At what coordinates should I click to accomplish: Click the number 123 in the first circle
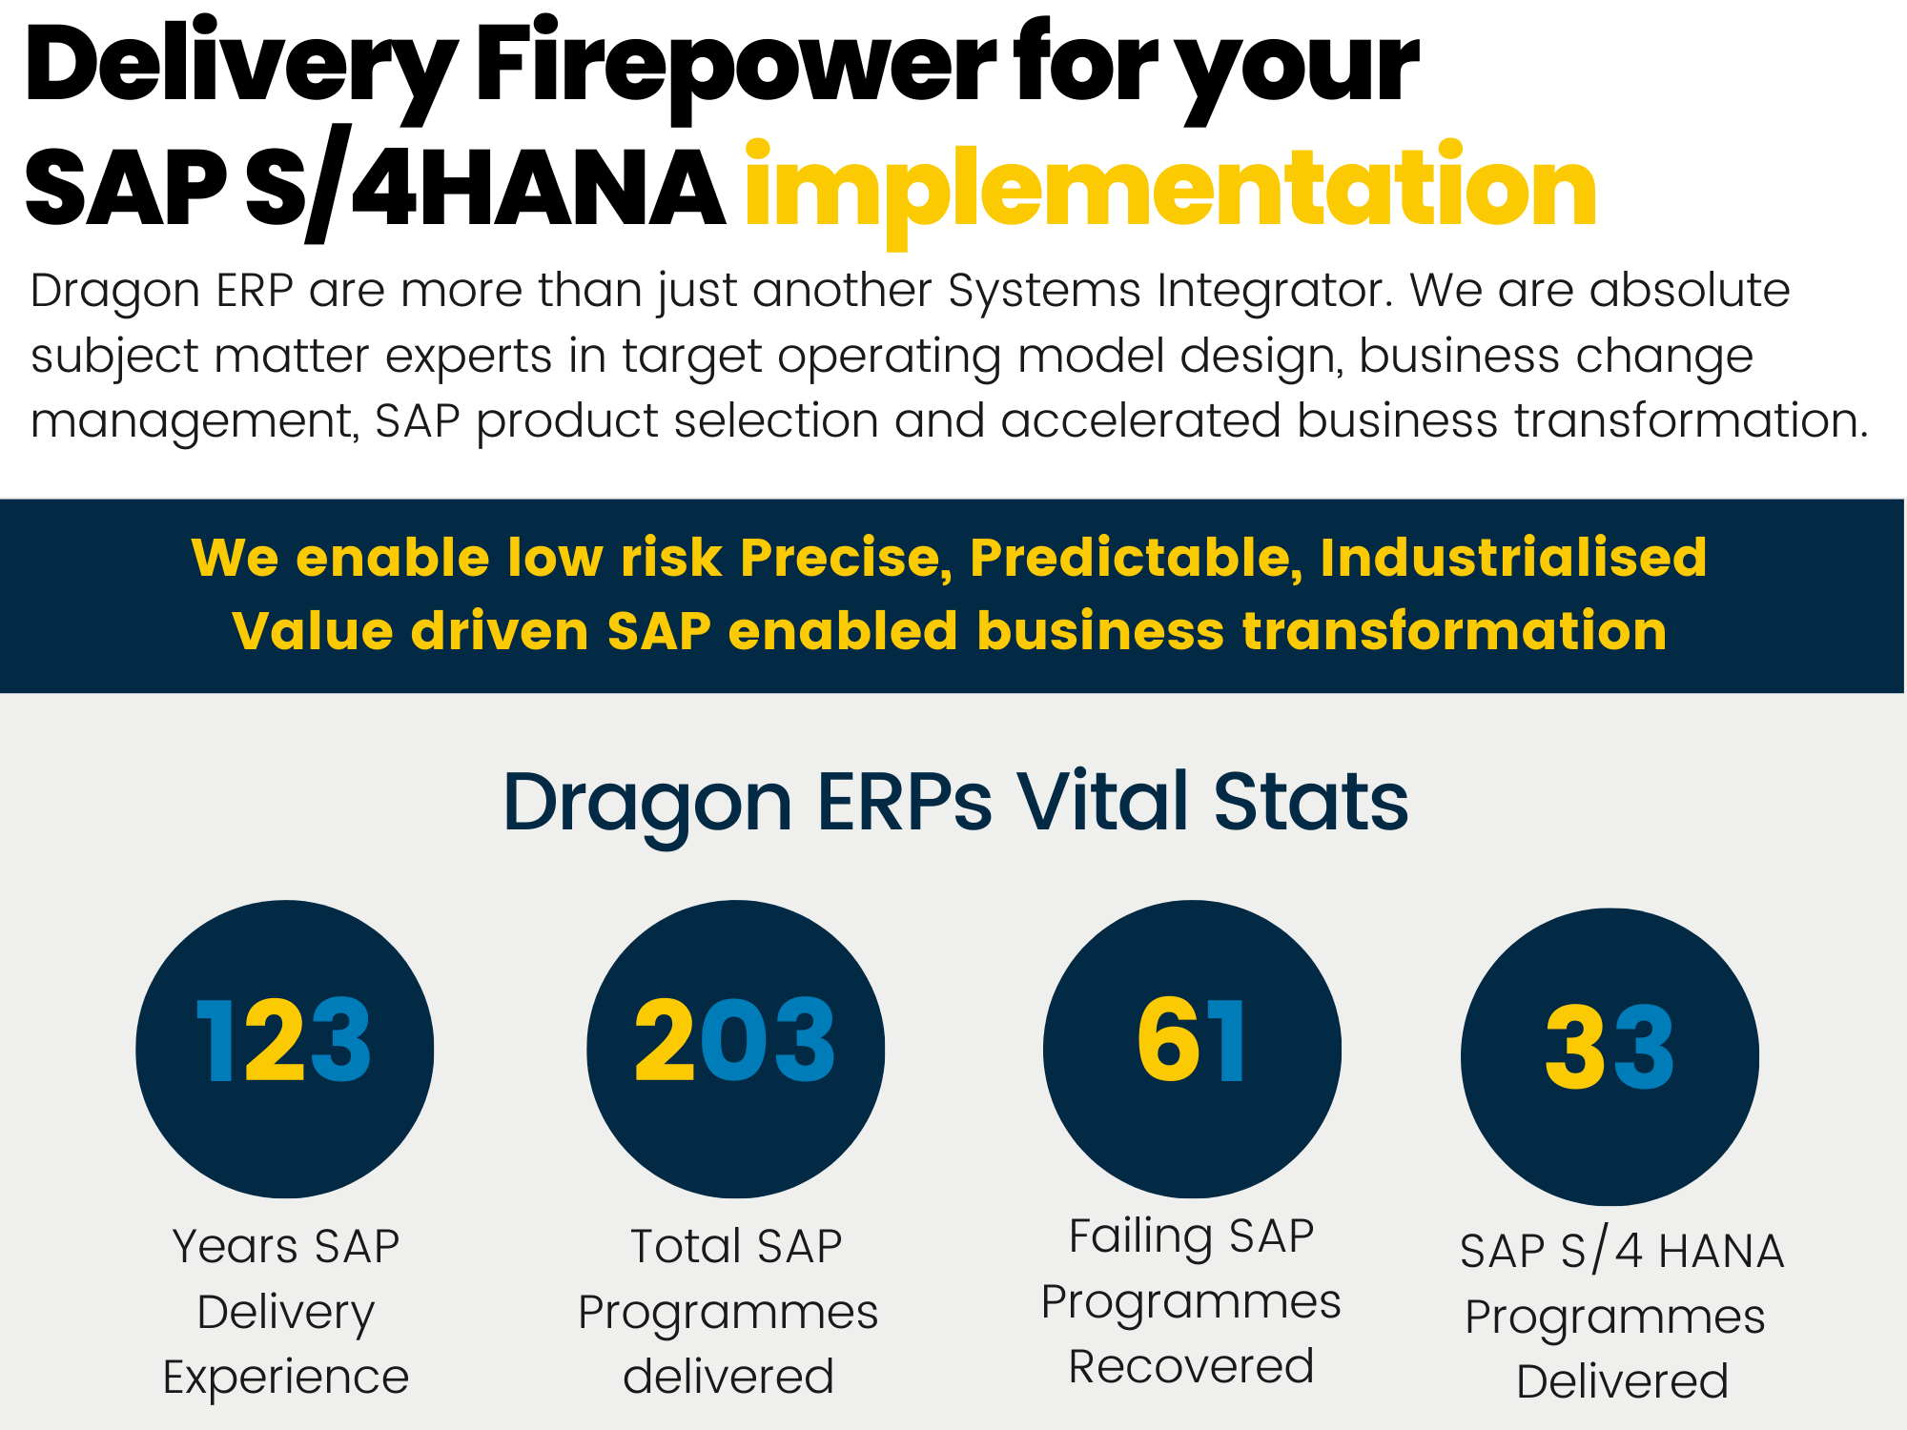point(283,1041)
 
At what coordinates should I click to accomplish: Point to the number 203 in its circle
point(735,1041)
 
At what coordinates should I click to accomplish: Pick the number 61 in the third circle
point(1191,1041)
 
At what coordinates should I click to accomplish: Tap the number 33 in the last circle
point(1610,1049)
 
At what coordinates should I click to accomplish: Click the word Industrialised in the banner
point(1513,558)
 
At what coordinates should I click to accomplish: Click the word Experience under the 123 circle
point(285,1378)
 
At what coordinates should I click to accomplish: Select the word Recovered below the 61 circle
point(1191,1367)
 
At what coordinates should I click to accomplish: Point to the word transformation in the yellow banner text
point(1454,631)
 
